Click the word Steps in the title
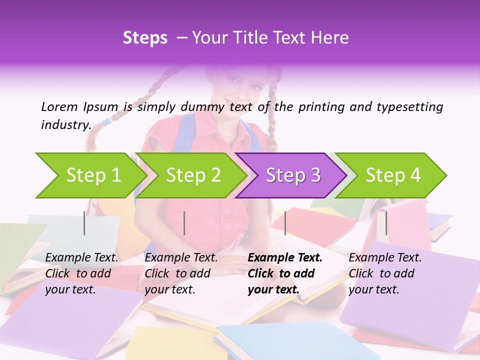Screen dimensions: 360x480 [x=145, y=38]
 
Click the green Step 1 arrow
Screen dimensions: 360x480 [x=93, y=175]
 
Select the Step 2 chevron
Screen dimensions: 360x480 [x=193, y=175]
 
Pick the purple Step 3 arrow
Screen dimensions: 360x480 [x=293, y=175]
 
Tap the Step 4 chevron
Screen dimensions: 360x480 [x=393, y=175]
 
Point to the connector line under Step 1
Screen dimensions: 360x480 [x=84, y=223]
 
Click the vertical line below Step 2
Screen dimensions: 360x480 [x=184, y=223]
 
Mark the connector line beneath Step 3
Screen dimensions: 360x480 [x=285, y=223]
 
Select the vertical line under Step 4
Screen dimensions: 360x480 [x=385, y=223]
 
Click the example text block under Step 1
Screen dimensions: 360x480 [x=82, y=273]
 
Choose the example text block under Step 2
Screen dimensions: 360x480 [x=181, y=273]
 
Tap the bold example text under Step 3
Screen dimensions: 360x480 [x=285, y=273]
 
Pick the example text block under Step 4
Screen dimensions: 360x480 [x=385, y=273]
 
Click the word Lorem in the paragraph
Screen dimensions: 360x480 [x=59, y=106]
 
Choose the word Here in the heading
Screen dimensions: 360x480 [x=331, y=38]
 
